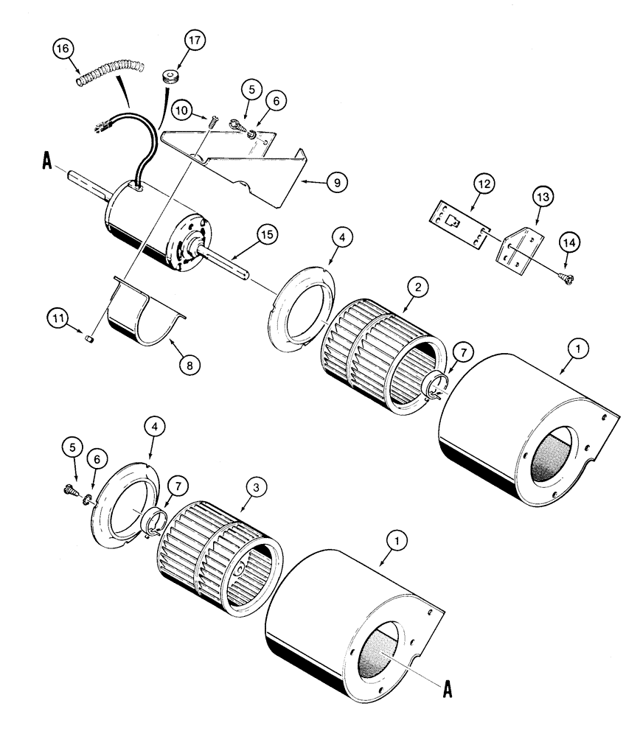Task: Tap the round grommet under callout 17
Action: point(171,76)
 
